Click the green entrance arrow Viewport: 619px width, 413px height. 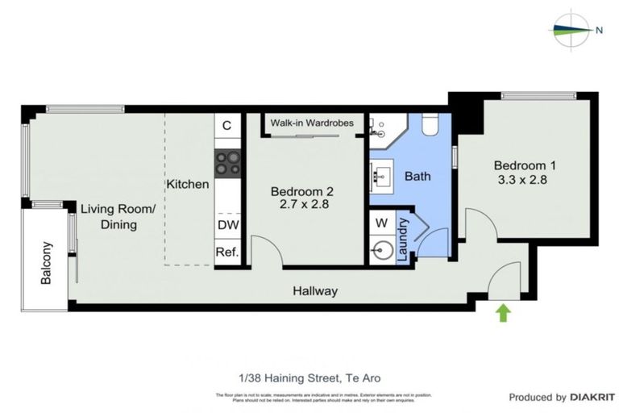pyautogui.click(x=504, y=312)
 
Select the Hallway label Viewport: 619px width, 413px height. pyautogui.click(x=314, y=291)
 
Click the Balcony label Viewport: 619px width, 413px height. pyautogui.click(x=46, y=263)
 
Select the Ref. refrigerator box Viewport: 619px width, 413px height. pyautogui.click(x=226, y=252)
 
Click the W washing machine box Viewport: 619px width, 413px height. pyautogui.click(x=381, y=221)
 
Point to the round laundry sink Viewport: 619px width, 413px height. pyautogui.click(x=381, y=251)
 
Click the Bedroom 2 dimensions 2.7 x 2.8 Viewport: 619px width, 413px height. pyautogui.click(x=301, y=205)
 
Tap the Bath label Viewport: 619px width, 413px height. pyautogui.click(x=418, y=176)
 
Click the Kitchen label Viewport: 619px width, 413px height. pyautogui.click(x=188, y=184)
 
